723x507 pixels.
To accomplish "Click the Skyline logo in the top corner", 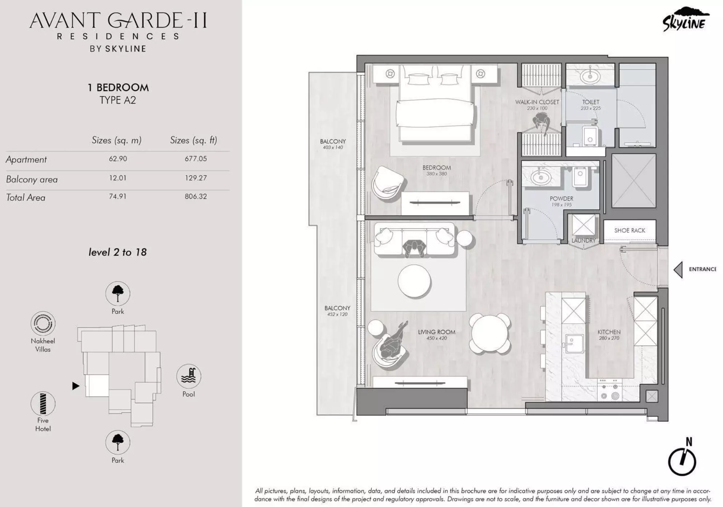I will pyautogui.click(x=685, y=20).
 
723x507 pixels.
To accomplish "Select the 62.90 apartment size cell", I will pyautogui.click(x=117, y=159).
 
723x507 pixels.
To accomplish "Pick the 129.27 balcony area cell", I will pyautogui.click(x=195, y=178).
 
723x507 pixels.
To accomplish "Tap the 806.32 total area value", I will pyautogui.click(x=195, y=196).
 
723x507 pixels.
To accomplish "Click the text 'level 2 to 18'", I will pyautogui.click(x=117, y=252).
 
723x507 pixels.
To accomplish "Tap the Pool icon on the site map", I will pyautogui.click(x=188, y=376).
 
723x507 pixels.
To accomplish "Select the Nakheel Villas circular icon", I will pyautogui.click(x=43, y=323).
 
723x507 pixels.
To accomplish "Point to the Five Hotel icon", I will pyautogui.click(x=43, y=404).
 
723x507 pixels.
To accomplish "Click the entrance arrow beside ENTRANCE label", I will pyautogui.click(x=678, y=270).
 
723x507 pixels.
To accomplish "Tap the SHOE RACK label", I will pyautogui.click(x=630, y=230).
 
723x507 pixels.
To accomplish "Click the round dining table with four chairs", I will pyautogui.click(x=490, y=334).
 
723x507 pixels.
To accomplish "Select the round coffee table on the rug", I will pyautogui.click(x=414, y=281).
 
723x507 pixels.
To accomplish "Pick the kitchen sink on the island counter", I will pyautogui.click(x=574, y=343).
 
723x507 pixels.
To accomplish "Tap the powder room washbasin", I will pyautogui.click(x=540, y=177).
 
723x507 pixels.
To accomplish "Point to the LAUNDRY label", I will pyautogui.click(x=583, y=240).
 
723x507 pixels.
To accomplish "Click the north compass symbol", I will pyautogui.click(x=682, y=460).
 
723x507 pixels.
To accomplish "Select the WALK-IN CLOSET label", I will pyautogui.click(x=537, y=102).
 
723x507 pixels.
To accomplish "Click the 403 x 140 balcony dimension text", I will pyautogui.click(x=332, y=147).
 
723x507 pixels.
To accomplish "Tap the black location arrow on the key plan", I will pyautogui.click(x=76, y=386).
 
